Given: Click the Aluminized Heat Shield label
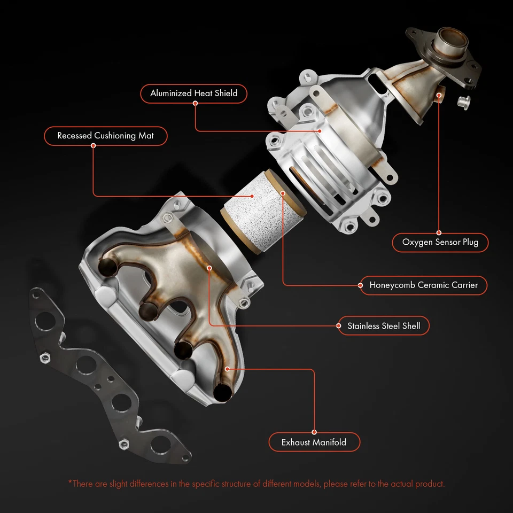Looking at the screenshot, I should [193, 94].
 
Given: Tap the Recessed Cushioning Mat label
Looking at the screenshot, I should [105, 136].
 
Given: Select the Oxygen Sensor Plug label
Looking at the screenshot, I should [440, 243].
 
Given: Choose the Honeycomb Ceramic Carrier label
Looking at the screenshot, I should [424, 285].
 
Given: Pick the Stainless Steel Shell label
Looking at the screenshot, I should [383, 325].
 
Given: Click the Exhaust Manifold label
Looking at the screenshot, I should [314, 442].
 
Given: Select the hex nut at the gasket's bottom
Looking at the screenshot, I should [122, 443].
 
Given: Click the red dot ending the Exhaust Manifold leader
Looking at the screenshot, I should [227, 368].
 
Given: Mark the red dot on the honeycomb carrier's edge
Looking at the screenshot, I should [282, 190].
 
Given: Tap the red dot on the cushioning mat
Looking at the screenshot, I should [252, 196].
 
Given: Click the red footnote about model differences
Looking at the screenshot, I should [256, 484].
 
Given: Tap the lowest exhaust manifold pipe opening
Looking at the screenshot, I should [222, 392].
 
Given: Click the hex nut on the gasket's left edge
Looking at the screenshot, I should [45, 357].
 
